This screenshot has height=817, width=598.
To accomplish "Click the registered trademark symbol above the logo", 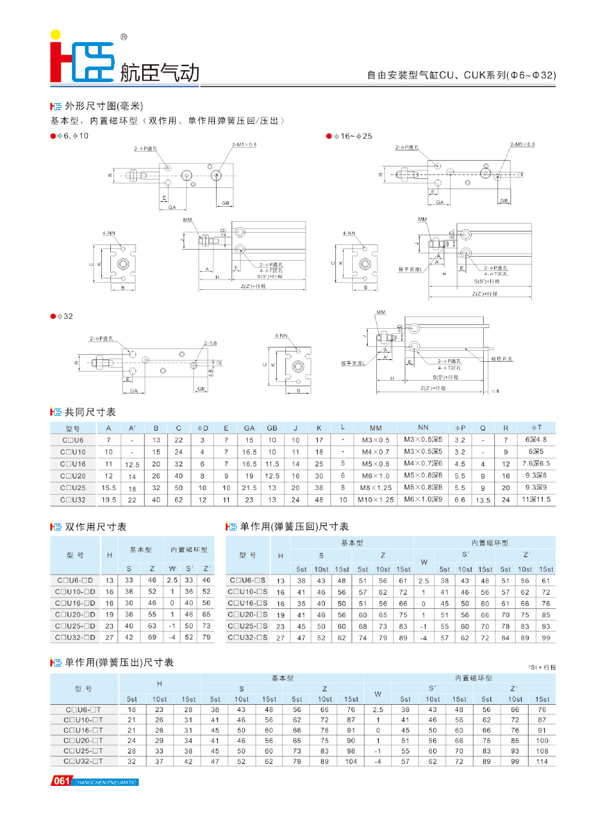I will (x=123, y=38).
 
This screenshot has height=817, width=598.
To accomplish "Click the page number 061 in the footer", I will (x=62, y=781).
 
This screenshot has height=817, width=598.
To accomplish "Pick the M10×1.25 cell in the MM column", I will (x=376, y=500).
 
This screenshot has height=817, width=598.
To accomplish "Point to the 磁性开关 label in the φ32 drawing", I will (x=502, y=359).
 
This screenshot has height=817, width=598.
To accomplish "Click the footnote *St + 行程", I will (x=542, y=667).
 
